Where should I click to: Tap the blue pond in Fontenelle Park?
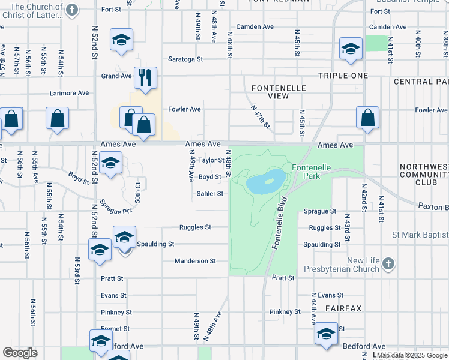[265, 181]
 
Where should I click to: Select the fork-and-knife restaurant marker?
[145, 78]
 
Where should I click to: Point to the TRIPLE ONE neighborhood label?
[342, 76]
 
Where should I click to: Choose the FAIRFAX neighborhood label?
[343, 308]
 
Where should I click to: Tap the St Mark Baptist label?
[420, 235]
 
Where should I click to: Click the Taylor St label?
[211, 161]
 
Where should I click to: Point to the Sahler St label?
[210, 194]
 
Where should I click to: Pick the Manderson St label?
[195, 261]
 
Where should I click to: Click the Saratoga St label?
[185, 59]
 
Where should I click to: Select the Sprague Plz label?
[115, 206]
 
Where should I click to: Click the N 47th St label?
[261, 119]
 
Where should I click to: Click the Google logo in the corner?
[20, 353]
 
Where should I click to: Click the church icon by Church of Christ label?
[72, 10]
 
